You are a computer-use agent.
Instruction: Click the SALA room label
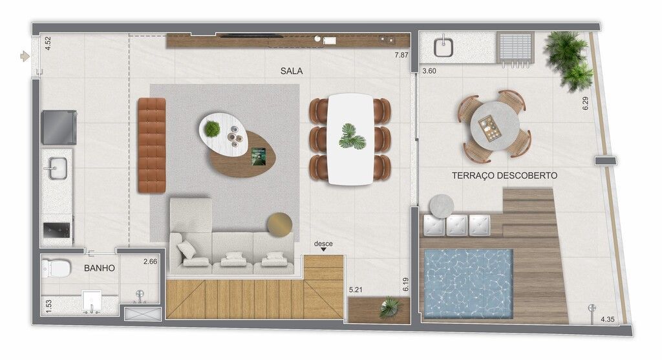click(292, 71)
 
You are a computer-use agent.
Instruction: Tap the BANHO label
click(99, 268)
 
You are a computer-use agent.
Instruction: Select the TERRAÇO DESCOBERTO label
click(504, 176)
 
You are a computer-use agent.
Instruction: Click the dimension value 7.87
click(401, 55)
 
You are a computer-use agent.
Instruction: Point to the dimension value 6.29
click(585, 103)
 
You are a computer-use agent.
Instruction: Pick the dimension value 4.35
click(608, 319)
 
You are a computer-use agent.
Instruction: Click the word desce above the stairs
click(323, 244)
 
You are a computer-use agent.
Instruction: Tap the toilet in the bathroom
click(56, 268)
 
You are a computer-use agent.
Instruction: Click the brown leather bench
click(151, 145)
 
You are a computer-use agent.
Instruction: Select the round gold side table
click(279, 224)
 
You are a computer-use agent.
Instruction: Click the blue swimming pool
click(468, 284)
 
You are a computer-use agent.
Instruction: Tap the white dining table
click(350, 139)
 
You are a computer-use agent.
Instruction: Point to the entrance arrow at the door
click(25, 56)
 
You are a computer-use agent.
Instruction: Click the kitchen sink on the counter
click(57, 168)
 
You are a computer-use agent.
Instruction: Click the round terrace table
click(495, 125)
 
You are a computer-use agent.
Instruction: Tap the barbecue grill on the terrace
click(515, 48)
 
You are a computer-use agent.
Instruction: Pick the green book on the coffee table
click(259, 156)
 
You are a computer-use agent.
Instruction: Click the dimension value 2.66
click(150, 262)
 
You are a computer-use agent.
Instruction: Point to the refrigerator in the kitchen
click(59, 127)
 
